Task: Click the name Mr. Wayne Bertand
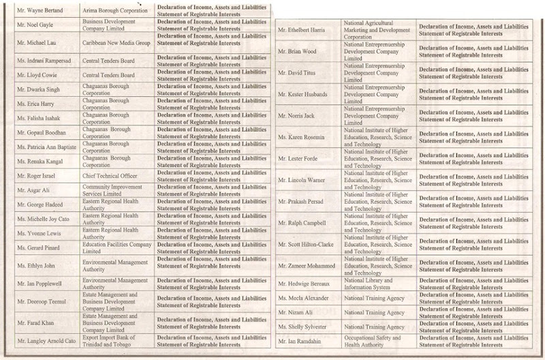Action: coord(37,11)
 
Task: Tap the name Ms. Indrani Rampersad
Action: coord(42,61)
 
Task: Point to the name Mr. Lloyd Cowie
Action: coord(36,75)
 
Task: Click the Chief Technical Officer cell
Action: coord(109,176)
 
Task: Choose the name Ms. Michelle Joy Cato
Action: coord(42,219)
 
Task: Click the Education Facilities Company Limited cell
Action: coord(116,247)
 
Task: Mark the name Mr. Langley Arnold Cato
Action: coord(45,342)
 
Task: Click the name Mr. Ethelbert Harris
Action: coord(304,31)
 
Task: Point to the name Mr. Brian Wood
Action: coord(298,52)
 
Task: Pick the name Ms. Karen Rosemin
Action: coord(302,138)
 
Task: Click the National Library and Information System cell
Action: coord(369,284)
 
